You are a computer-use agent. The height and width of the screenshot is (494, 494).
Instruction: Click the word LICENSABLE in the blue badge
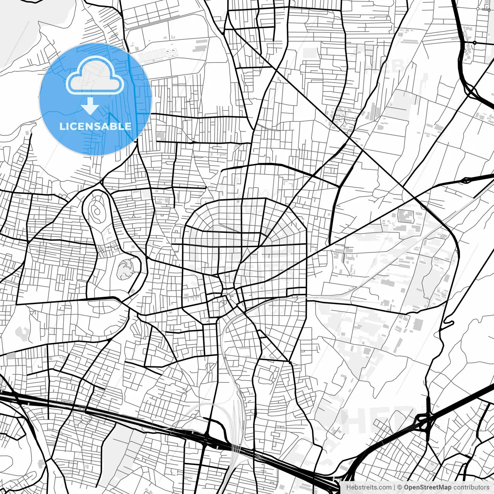(x=95, y=126)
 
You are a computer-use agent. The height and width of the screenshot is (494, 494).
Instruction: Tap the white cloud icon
(x=95, y=76)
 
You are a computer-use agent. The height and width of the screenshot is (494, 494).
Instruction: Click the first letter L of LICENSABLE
(x=62, y=126)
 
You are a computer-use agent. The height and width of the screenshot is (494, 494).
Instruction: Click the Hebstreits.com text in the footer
(x=368, y=487)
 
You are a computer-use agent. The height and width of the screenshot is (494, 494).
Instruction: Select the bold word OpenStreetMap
(x=427, y=487)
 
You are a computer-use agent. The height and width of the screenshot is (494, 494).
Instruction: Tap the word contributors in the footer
(x=471, y=487)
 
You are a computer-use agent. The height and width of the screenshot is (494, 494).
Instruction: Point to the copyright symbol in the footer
(x=400, y=487)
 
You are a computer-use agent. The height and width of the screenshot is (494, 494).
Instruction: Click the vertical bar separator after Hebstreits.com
(x=394, y=487)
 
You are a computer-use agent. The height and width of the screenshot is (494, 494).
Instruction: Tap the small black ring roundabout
(x=474, y=42)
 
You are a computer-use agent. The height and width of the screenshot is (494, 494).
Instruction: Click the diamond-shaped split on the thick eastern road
(x=468, y=179)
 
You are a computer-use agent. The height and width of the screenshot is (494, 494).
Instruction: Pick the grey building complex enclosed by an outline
(x=405, y=216)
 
